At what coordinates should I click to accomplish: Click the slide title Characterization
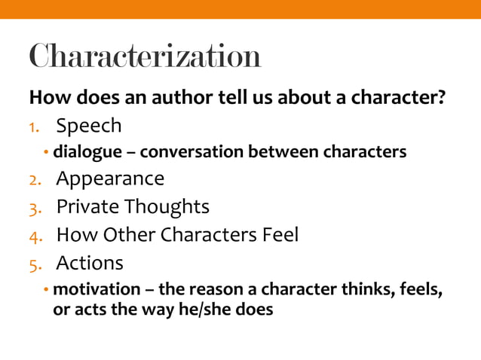pos(145,56)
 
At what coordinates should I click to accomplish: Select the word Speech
pos(89,125)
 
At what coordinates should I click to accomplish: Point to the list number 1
pos(34,126)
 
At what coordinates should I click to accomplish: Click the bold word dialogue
pos(85,152)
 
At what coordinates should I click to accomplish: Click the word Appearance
pos(110,179)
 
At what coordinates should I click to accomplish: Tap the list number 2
pos(35,180)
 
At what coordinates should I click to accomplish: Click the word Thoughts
pos(167,207)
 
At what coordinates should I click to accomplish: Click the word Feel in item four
pos(279,235)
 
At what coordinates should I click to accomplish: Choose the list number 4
pos(35,236)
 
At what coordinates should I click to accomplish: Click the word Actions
pos(90,263)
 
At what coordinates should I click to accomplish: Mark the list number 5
pos(35,264)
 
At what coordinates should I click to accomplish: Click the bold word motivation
pos(97,290)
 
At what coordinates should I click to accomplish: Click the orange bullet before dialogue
pos(46,153)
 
